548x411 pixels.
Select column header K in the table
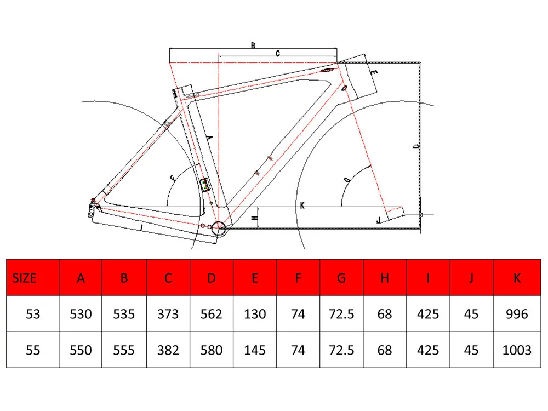pyautogui.click(x=517, y=278)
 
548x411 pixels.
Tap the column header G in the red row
pyautogui.click(x=341, y=278)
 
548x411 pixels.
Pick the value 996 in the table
pyautogui.click(x=517, y=314)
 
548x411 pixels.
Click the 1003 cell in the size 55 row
pyautogui.click(x=517, y=350)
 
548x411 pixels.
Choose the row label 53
pyautogui.click(x=33, y=314)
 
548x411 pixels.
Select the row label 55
pyautogui.click(x=33, y=350)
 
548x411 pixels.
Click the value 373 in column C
pyautogui.click(x=168, y=314)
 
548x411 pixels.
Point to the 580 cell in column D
pyautogui.click(x=212, y=350)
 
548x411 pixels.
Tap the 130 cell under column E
pyautogui.click(x=255, y=314)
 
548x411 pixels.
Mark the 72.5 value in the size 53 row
pyautogui.click(x=341, y=314)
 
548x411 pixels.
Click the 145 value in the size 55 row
pyautogui.click(x=255, y=350)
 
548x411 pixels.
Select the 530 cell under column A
pyautogui.click(x=81, y=314)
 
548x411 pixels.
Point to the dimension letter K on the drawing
pyautogui.click(x=302, y=206)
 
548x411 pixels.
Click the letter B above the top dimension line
pyautogui.click(x=253, y=45)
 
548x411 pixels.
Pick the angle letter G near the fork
pyautogui.click(x=347, y=180)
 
